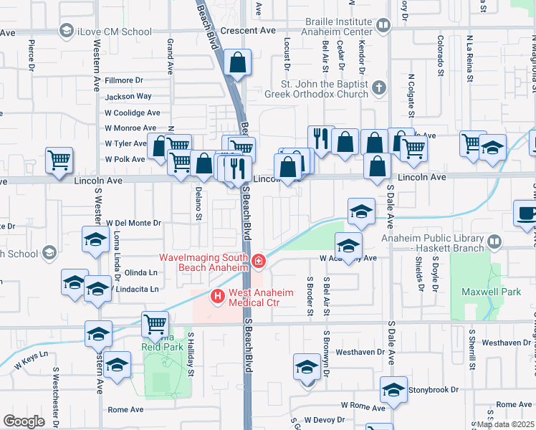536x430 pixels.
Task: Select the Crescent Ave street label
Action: point(248,31)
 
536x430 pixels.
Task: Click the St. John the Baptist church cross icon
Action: point(379,88)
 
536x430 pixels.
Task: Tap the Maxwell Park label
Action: point(491,292)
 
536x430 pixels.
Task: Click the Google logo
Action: point(24,421)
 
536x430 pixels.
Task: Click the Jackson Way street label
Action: point(128,96)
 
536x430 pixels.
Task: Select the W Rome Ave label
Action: point(363,405)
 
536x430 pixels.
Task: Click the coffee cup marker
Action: point(527,213)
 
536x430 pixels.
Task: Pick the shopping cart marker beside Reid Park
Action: point(155,325)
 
